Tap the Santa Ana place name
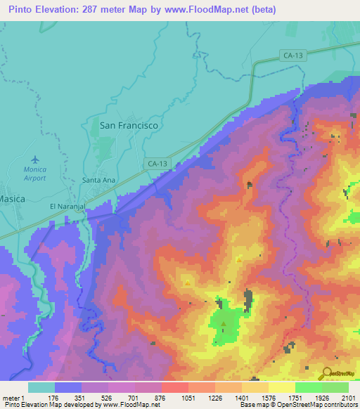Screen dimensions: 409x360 coord(99,180)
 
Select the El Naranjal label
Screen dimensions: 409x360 coord(67,207)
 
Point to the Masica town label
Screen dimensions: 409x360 coord(12,199)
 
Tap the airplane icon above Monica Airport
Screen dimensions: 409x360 coord(35,159)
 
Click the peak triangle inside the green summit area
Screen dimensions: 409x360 coord(224,324)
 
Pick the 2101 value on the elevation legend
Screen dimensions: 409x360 coord(347,398)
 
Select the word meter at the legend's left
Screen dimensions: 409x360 coord(12,398)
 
